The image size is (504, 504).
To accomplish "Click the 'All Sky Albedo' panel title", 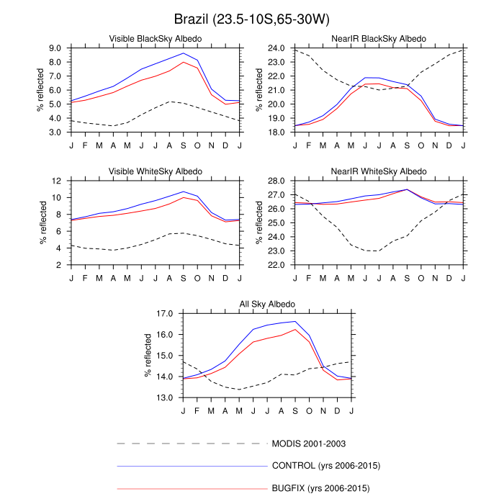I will tap(267, 305).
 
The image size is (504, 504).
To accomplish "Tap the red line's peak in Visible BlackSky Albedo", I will tap(183, 62).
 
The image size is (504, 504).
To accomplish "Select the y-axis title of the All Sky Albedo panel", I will tap(152, 356).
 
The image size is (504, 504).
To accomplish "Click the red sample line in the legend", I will tap(190, 489).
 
